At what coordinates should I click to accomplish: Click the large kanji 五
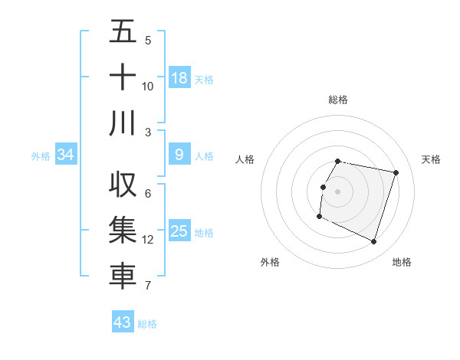click(x=123, y=31)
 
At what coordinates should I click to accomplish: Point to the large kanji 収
click(x=123, y=185)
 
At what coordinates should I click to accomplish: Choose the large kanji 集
click(x=123, y=231)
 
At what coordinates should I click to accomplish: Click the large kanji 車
click(x=123, y=277)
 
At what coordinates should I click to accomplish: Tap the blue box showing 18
click(x=179, y=77)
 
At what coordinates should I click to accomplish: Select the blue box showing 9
click(x=179, y=155)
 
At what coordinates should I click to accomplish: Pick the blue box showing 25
click(x=179, y=231)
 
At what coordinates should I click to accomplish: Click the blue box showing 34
click(x=66, y=155)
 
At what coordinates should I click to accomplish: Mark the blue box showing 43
click(x=123, y=322)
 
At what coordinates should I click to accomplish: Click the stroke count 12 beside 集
click(x=148, y=240)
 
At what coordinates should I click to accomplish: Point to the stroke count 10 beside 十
click(x=148, y=86)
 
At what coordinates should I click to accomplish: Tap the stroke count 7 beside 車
click(x=148, y=286)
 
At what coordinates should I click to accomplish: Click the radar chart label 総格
click(x=338, y=100)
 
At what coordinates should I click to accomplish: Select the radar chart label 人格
click(x=245, y=159)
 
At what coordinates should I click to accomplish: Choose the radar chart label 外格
click(x=270, y=262)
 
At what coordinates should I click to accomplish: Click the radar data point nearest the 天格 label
click(x=396, y=173)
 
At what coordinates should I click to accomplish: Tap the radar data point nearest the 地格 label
click(x=373, y=242)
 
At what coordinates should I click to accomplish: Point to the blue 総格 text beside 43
click(x=147, y=324)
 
